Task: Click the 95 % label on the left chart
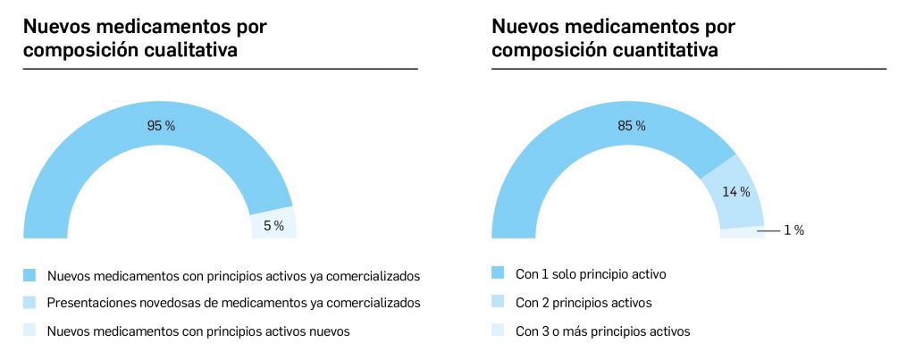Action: pos(161,126)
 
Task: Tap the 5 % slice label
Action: pos(273,226)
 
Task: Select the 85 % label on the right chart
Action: pos(631,126)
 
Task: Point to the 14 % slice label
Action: pos(736,191)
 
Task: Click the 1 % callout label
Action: pos(793,230)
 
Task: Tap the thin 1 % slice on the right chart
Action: pos(742,233)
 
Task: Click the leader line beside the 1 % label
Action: pos(768,230)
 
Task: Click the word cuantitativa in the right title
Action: pos(664,50)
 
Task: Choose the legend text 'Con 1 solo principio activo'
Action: pos(591,274)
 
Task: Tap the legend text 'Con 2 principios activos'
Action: pos(583,303)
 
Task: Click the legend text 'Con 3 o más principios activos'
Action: pos(603,331)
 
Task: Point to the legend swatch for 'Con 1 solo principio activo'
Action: pos(499,272)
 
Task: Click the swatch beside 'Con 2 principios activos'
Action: pos(499,301)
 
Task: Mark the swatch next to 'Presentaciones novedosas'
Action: pos(30,302)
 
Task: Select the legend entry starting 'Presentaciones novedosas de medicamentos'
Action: pos(232,303)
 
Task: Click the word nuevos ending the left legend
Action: pos(329,331)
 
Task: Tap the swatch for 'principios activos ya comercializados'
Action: pos(30,274)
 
